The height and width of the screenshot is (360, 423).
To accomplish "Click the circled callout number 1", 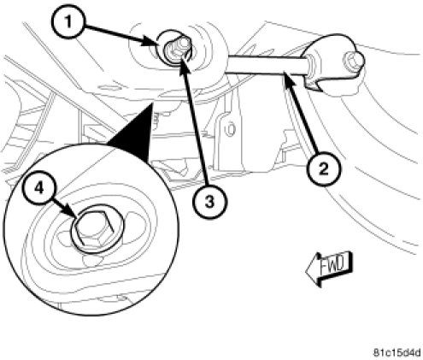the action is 68,22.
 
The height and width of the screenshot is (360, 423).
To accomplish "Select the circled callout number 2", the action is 323,169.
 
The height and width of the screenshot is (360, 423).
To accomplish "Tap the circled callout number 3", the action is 209,202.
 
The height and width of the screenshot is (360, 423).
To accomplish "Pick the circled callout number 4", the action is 39,188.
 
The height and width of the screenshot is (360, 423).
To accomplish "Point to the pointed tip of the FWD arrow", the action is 306,271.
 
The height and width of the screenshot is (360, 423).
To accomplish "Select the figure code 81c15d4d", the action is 397,353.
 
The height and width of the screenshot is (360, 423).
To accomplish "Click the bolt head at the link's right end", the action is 354,62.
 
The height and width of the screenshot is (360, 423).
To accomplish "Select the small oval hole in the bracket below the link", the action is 230,129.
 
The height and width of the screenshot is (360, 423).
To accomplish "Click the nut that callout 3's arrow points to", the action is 177,48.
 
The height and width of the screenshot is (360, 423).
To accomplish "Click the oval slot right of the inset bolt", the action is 136,216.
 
